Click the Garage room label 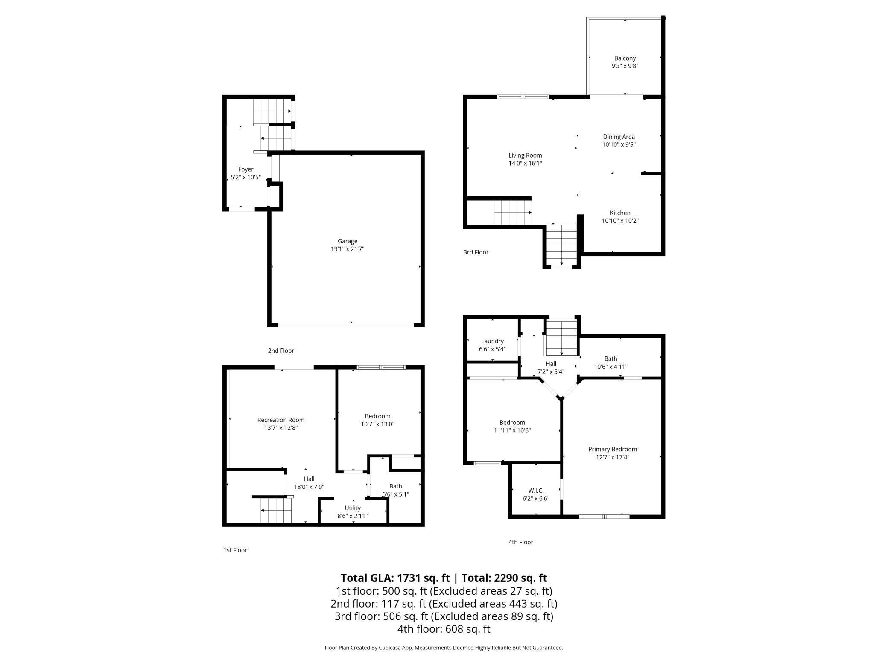pos(347,241)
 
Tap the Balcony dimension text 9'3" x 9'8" pos(625,66)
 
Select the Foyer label pos(245,169)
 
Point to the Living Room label pos(525,155)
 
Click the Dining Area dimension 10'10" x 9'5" pos(619,145)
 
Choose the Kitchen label pos(619,213)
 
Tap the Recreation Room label pos(280,420)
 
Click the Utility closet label pos(352,508)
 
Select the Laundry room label pos(492,341)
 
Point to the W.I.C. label pos(536,491)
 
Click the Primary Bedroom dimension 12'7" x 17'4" pos(612,457)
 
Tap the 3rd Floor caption pos(476,252)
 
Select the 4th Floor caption pos(520,542)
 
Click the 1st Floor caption pos(235,550)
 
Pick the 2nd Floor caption pos(280,351)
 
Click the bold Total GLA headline pos(444,578)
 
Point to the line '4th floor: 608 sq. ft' pos(444,629)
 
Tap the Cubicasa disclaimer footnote pos(444,648)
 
